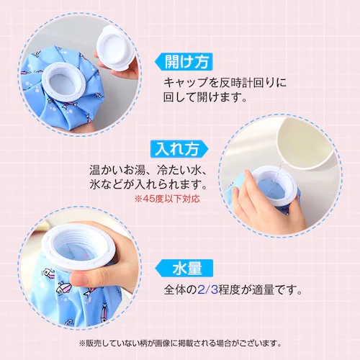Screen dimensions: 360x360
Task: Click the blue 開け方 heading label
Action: (x=184, y=62)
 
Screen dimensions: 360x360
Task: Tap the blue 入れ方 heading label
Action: (x=179, y=149)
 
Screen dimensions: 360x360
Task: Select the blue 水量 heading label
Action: (x=184, y=268)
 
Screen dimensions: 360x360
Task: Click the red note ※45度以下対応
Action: (x=167, y=199)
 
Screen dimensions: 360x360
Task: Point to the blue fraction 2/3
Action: (x=207, y=289)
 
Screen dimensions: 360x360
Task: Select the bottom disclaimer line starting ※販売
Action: (x=180, y=343)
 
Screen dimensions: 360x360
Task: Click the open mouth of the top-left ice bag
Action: (x=63, y=81)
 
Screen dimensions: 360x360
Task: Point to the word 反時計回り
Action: (x=247, y=83)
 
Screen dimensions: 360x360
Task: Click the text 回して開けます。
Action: (x=205, y=97)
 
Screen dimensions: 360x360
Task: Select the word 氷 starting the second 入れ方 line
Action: (x=94, y=184)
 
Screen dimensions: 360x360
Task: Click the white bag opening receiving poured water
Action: (x=275, y=186)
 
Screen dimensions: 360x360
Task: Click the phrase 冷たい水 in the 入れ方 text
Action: (x=179, y=171)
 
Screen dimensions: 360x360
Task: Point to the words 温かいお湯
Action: (x=117, y=171)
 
